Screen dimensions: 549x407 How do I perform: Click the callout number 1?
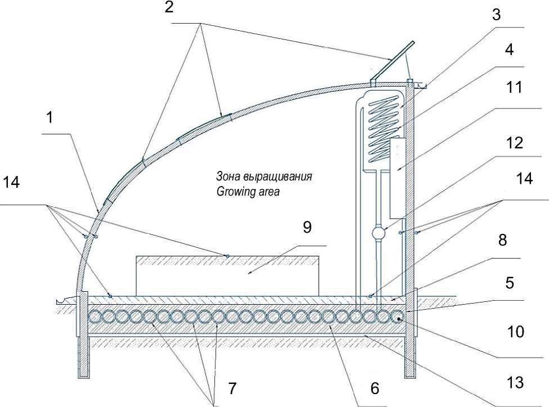(50, 118)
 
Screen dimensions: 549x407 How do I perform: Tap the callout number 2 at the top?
(169, 7)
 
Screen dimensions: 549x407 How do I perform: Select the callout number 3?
(496, 15)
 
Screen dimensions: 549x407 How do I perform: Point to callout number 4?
(510, 49)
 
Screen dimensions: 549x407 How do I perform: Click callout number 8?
(502, 240)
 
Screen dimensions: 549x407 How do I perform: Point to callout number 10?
(515, 332)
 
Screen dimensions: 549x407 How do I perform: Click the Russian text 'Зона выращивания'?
(264, 176)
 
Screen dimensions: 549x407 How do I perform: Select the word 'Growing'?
(234, 192)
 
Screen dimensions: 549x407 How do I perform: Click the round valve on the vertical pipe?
(378, 233)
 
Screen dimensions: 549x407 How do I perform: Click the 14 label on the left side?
(11, 182)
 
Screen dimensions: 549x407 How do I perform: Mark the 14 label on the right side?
(524, 178)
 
